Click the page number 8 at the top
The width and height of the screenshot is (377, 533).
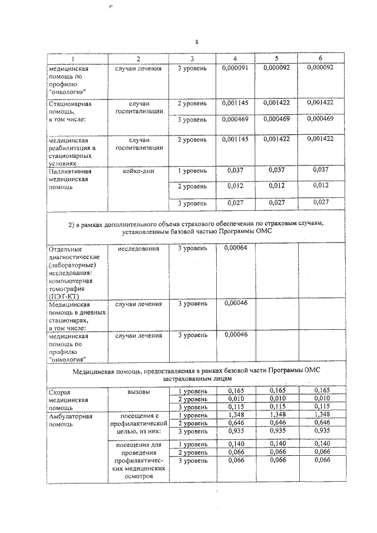(196, 42)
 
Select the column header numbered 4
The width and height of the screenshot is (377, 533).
(235, 59)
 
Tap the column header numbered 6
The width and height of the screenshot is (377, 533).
(320, 59)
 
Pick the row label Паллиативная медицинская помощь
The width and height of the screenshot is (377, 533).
(70, 179)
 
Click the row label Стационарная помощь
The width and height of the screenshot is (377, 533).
(70, 111)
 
